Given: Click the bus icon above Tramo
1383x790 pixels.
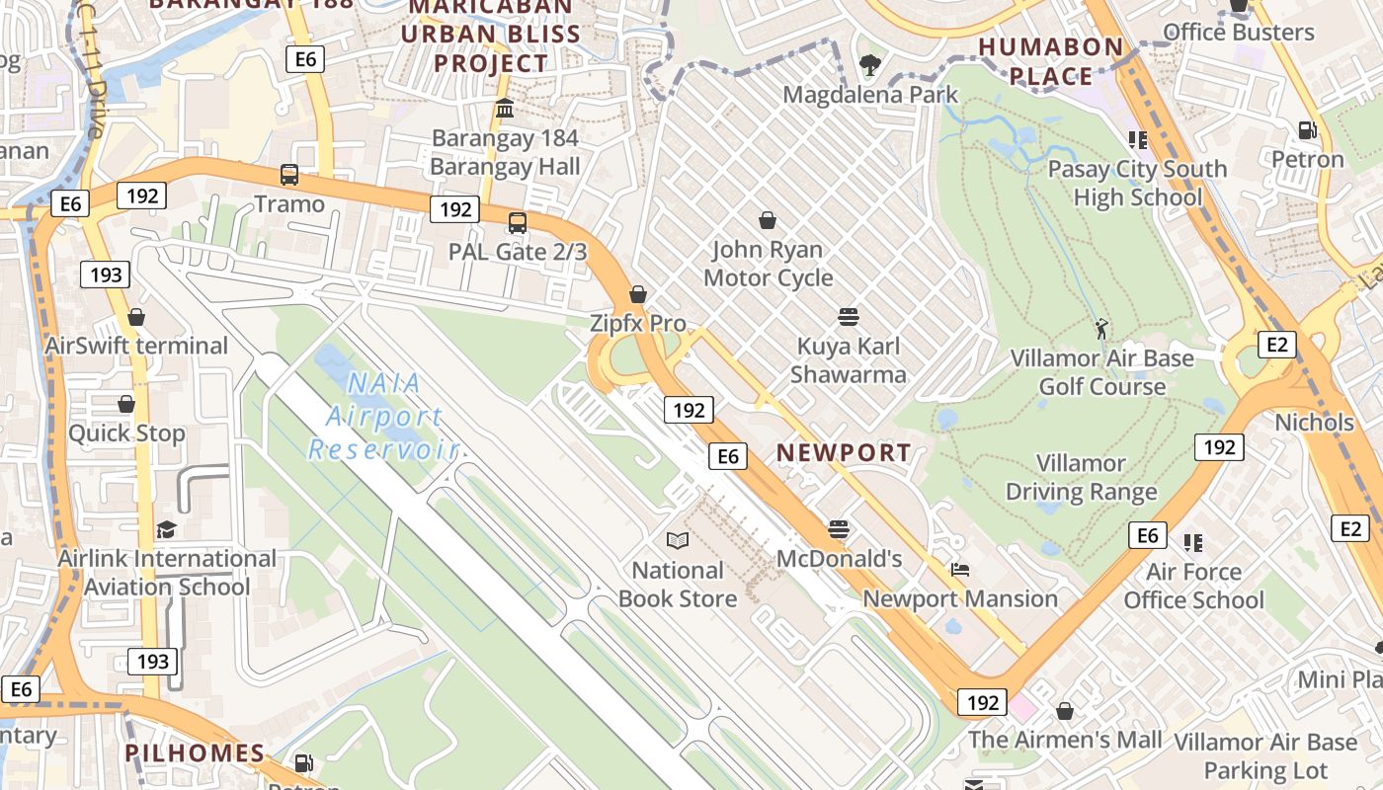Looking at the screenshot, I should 289,175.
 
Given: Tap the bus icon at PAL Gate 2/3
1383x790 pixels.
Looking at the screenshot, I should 518,223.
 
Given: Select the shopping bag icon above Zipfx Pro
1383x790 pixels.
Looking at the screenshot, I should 638,294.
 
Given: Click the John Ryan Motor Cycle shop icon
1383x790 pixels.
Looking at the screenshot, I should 768,220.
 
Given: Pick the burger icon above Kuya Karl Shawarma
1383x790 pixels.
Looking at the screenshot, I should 848,317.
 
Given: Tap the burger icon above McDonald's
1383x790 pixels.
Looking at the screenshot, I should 839,529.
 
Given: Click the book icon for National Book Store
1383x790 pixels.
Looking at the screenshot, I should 678,540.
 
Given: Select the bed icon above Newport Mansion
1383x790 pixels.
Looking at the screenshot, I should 959,570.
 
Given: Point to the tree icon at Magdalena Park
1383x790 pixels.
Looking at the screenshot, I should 870,66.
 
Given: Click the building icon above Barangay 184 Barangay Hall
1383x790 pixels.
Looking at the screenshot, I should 505,108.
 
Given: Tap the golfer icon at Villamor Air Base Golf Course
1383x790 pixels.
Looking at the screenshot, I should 1101,329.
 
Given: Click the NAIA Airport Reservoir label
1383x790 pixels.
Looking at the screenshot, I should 385,416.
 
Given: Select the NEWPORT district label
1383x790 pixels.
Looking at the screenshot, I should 844,453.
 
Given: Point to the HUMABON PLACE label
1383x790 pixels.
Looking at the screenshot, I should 1051,61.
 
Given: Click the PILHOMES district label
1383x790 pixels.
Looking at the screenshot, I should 195,752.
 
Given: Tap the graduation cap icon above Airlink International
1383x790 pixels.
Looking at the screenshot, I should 166,530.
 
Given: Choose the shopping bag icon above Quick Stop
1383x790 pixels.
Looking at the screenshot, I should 126,404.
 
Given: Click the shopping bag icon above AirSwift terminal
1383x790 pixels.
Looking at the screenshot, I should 136,317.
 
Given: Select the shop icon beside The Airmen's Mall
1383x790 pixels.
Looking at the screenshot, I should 1065,711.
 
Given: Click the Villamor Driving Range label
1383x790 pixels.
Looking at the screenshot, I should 1081,477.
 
